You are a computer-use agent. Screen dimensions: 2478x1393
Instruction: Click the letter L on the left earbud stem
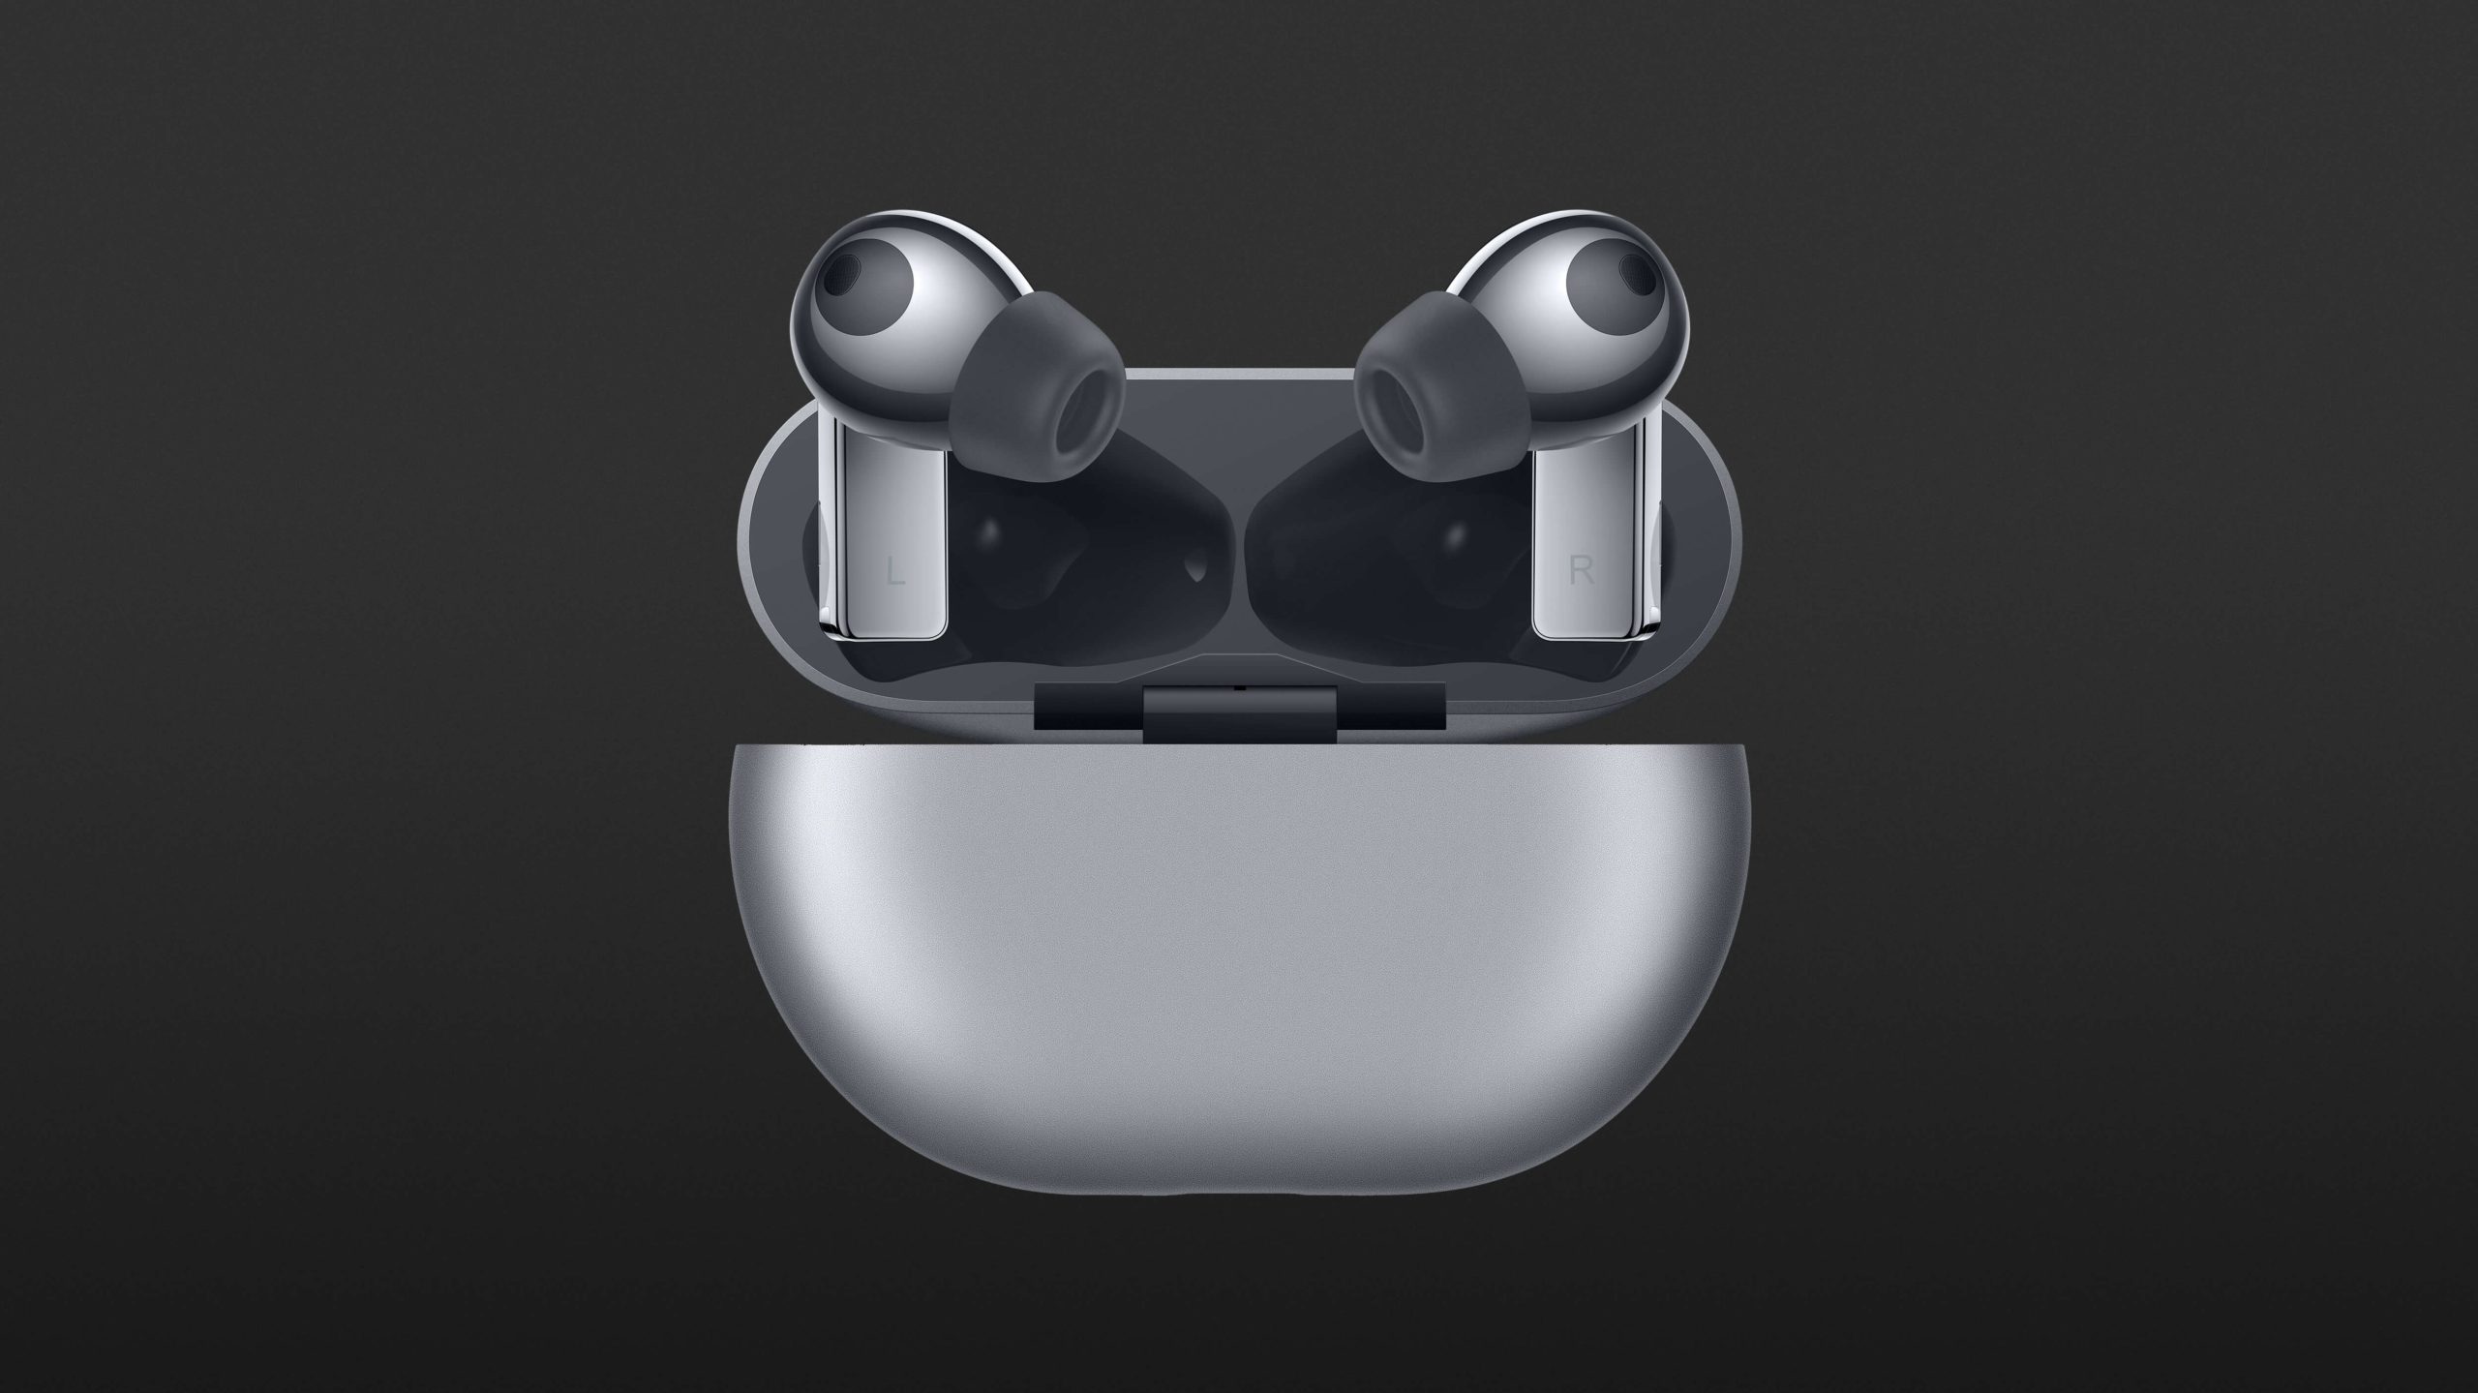tap(896, 573)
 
